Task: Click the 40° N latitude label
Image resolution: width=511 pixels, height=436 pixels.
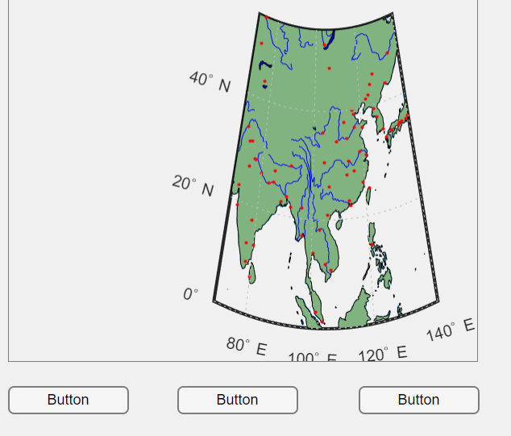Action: [x=210, y=81]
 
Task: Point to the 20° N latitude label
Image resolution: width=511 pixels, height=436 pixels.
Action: [x=193, y=185]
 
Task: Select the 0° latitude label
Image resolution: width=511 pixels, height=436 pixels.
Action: [x=190, y=294]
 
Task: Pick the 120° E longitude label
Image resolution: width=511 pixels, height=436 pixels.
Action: [x=383, y=353]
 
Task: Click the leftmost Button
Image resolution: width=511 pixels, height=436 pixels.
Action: [x=69, y=400]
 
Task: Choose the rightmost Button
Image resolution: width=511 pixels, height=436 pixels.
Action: [x=418, y=400]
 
